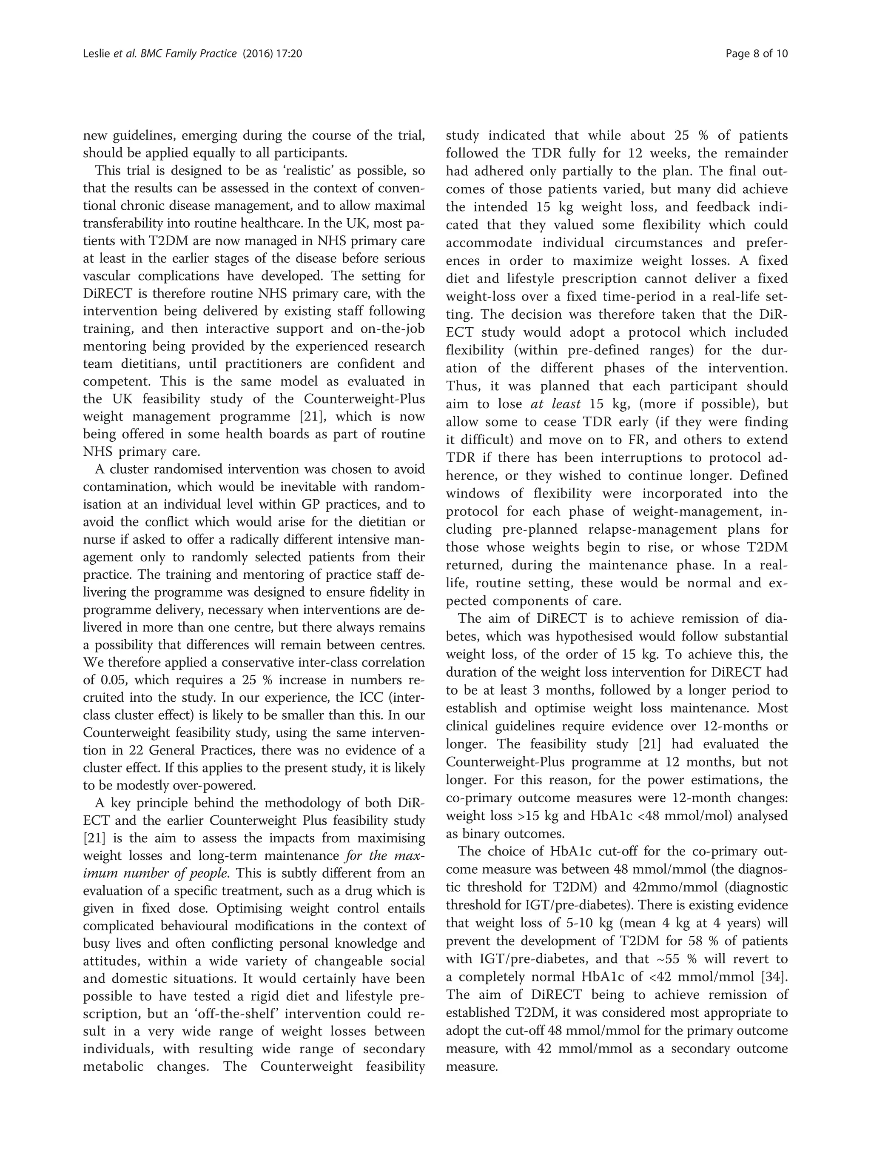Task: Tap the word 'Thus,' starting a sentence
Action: (x=462, y=386)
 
